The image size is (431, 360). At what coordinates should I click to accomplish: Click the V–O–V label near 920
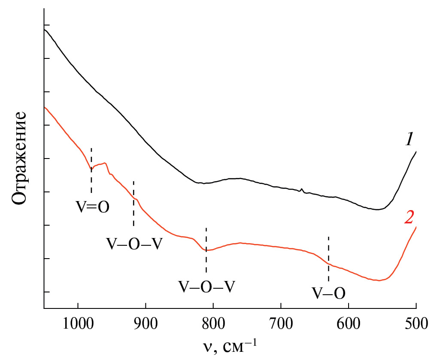(x=134, y=244)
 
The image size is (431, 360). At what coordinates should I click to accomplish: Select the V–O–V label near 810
(x=206, y=286)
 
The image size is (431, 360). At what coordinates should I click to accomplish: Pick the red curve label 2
(x=409, y=218)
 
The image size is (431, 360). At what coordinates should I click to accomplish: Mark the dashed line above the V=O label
(x=91, y=170)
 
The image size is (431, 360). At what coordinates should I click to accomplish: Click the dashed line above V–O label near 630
(x=328, y=258)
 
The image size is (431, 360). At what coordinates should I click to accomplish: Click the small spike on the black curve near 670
(x=302, y=189)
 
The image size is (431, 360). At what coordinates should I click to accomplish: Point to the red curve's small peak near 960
(x=105, y=163)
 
